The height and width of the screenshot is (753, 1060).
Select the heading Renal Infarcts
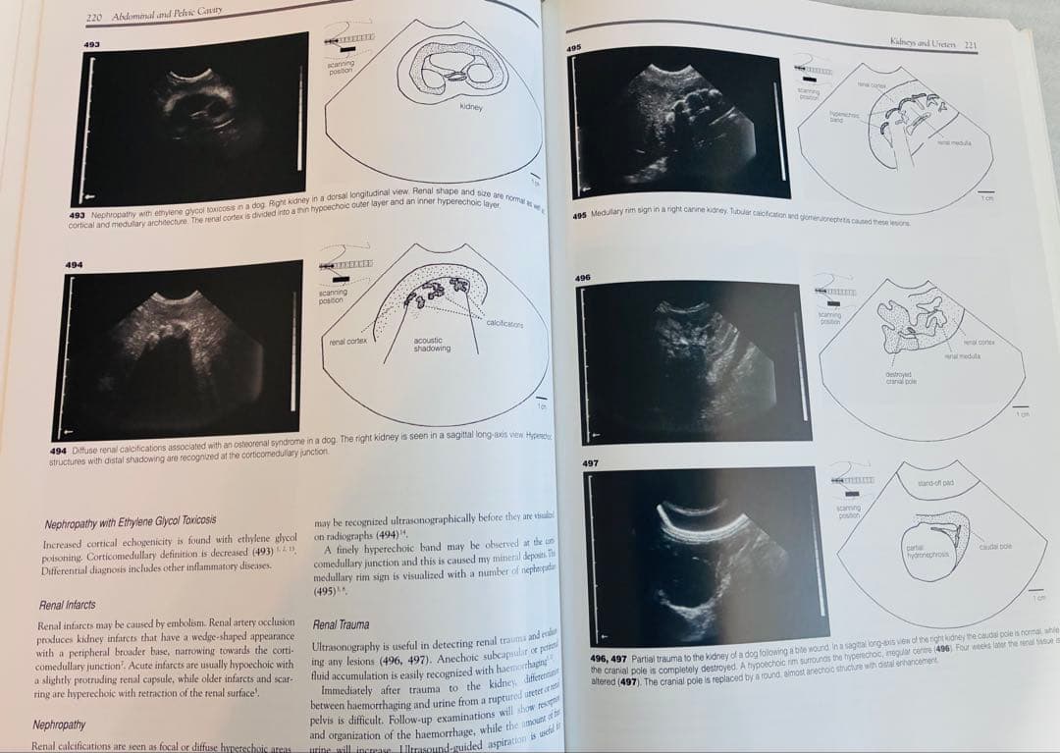(67, 605)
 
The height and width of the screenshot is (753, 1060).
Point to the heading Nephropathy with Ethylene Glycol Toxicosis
(131, 519)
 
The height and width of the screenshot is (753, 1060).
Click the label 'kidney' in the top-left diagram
(471, 107)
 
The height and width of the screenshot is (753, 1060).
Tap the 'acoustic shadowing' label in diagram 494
(432, 345)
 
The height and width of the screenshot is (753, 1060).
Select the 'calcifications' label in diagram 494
(504, 324)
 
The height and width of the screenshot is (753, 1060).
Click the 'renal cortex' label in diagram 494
(348, 341)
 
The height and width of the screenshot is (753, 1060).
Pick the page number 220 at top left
(95, 17)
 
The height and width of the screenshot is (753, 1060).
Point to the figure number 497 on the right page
(591, 461)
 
